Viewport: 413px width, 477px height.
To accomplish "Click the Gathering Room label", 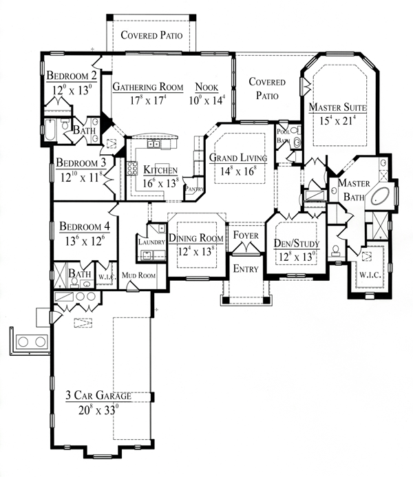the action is (148, 87).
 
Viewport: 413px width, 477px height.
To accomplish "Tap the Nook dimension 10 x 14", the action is (206, 100).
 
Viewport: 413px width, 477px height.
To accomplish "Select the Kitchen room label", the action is (160, 170).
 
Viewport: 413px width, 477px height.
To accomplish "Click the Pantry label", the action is (194, 189).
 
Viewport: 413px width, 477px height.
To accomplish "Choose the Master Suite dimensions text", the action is (337, 120).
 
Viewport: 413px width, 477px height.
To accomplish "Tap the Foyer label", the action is (246, 235).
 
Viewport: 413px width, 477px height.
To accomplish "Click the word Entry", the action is (246, 269).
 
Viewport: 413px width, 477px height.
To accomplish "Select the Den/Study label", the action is (297, 244).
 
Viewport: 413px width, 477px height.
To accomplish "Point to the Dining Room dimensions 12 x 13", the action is (196, 252).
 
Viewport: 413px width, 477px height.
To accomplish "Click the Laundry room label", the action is (151, 242).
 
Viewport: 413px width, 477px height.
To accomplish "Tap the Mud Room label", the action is (138, 275).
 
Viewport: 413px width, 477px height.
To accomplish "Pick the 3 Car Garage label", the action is (98, 396).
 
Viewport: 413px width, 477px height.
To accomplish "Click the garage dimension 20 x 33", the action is (98, 410).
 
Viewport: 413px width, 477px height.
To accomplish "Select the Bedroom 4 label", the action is (85, 226).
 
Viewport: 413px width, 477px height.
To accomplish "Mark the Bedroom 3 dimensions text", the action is (81, 177).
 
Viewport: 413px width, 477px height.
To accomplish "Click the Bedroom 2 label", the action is (72, 75).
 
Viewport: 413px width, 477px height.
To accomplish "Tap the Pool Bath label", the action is (283, 136).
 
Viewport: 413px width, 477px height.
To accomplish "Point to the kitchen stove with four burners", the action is (132, 168).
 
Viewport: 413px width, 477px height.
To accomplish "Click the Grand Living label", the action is (238, 158).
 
